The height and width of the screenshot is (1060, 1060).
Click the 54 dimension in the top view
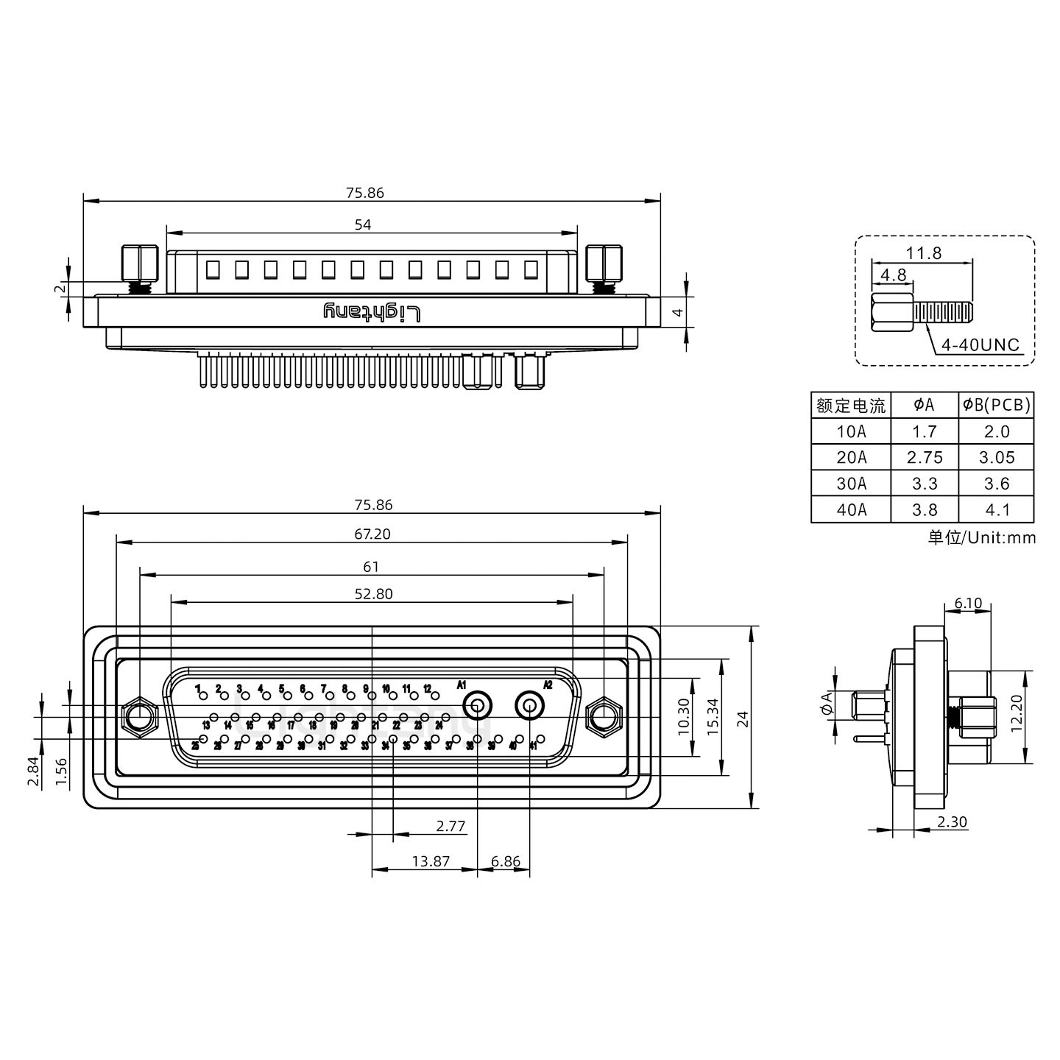tap(363, 225)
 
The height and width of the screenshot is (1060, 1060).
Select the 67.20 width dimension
tap(372, 534)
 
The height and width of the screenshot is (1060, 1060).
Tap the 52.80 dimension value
tap(373, 594)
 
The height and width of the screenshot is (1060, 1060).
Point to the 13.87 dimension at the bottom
tap(431, 861)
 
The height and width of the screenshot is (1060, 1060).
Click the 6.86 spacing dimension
tap(505, 861)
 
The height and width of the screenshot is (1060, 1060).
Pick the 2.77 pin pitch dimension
tap(451, 826)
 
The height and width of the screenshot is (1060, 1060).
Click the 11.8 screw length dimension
tap(923, 253)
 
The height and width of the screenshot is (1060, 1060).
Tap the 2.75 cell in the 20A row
tap(925, 457)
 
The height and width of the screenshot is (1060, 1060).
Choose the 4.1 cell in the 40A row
tap(996, 509)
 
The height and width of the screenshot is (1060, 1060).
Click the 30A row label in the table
tap(851, 484)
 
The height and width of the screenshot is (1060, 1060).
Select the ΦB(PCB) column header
tap(996, 405)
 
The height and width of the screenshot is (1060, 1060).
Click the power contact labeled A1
tap(477, 707)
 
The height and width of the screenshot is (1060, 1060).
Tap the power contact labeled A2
tap(529, 707)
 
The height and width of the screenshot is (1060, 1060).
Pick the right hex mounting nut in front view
tap(604, 715)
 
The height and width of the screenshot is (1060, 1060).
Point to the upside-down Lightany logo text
tap(372, 312)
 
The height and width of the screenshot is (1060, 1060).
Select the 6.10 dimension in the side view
tap(968, 604)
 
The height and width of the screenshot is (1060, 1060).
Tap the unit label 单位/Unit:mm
tap(981, 537)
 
